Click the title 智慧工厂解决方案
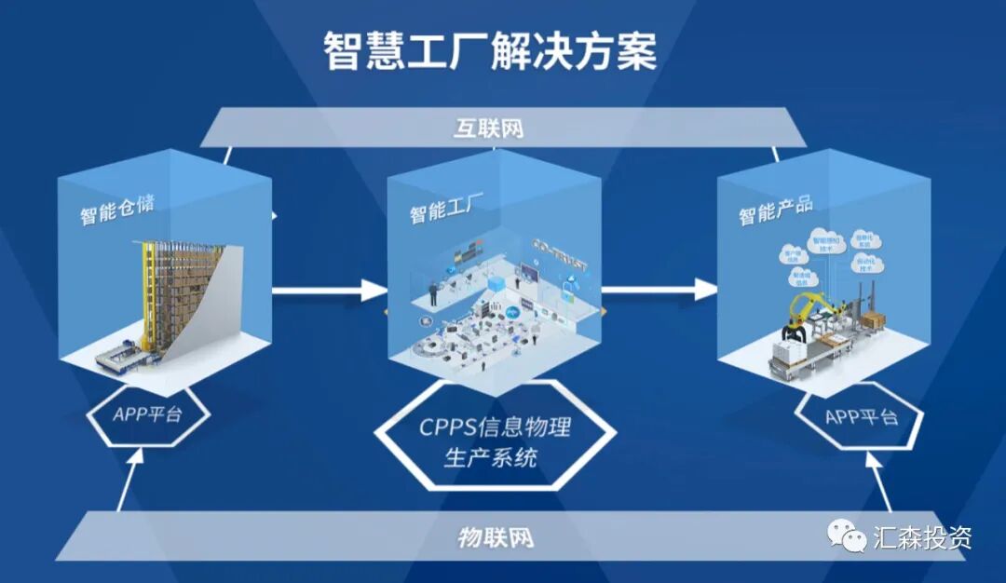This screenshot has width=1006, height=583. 490,52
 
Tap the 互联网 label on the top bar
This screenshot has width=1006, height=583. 489,128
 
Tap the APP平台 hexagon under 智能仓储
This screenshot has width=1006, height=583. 147,414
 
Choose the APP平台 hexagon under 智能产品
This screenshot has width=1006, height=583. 862,415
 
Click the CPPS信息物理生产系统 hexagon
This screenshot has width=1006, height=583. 494,443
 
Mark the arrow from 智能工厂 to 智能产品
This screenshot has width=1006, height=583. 658,291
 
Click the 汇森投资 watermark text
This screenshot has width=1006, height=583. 921,537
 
